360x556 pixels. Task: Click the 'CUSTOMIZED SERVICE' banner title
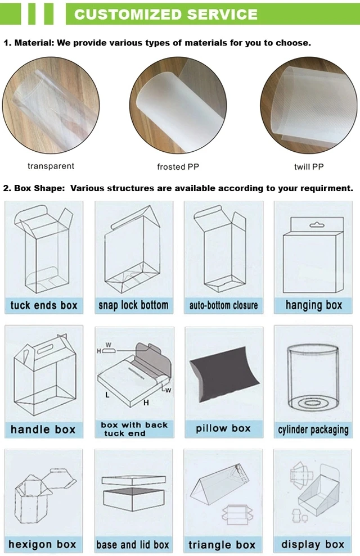165,14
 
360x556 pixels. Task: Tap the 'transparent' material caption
51,166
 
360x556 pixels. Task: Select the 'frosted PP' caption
178,166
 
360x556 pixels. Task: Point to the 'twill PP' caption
309,166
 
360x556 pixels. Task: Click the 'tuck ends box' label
44,305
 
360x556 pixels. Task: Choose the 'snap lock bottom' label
133,305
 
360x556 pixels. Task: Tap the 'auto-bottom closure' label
223,305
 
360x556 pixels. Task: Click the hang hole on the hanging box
317,225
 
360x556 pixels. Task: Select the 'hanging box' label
314,305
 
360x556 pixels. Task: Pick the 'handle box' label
43,430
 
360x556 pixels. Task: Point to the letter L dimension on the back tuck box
107,395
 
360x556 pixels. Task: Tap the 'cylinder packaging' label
313,430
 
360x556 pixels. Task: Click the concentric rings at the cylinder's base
312,403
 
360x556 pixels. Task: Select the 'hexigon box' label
42,544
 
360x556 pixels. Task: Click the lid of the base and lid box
134,481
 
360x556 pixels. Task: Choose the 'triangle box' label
222,545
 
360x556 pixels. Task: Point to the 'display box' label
313,544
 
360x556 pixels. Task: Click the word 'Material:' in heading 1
34,43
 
